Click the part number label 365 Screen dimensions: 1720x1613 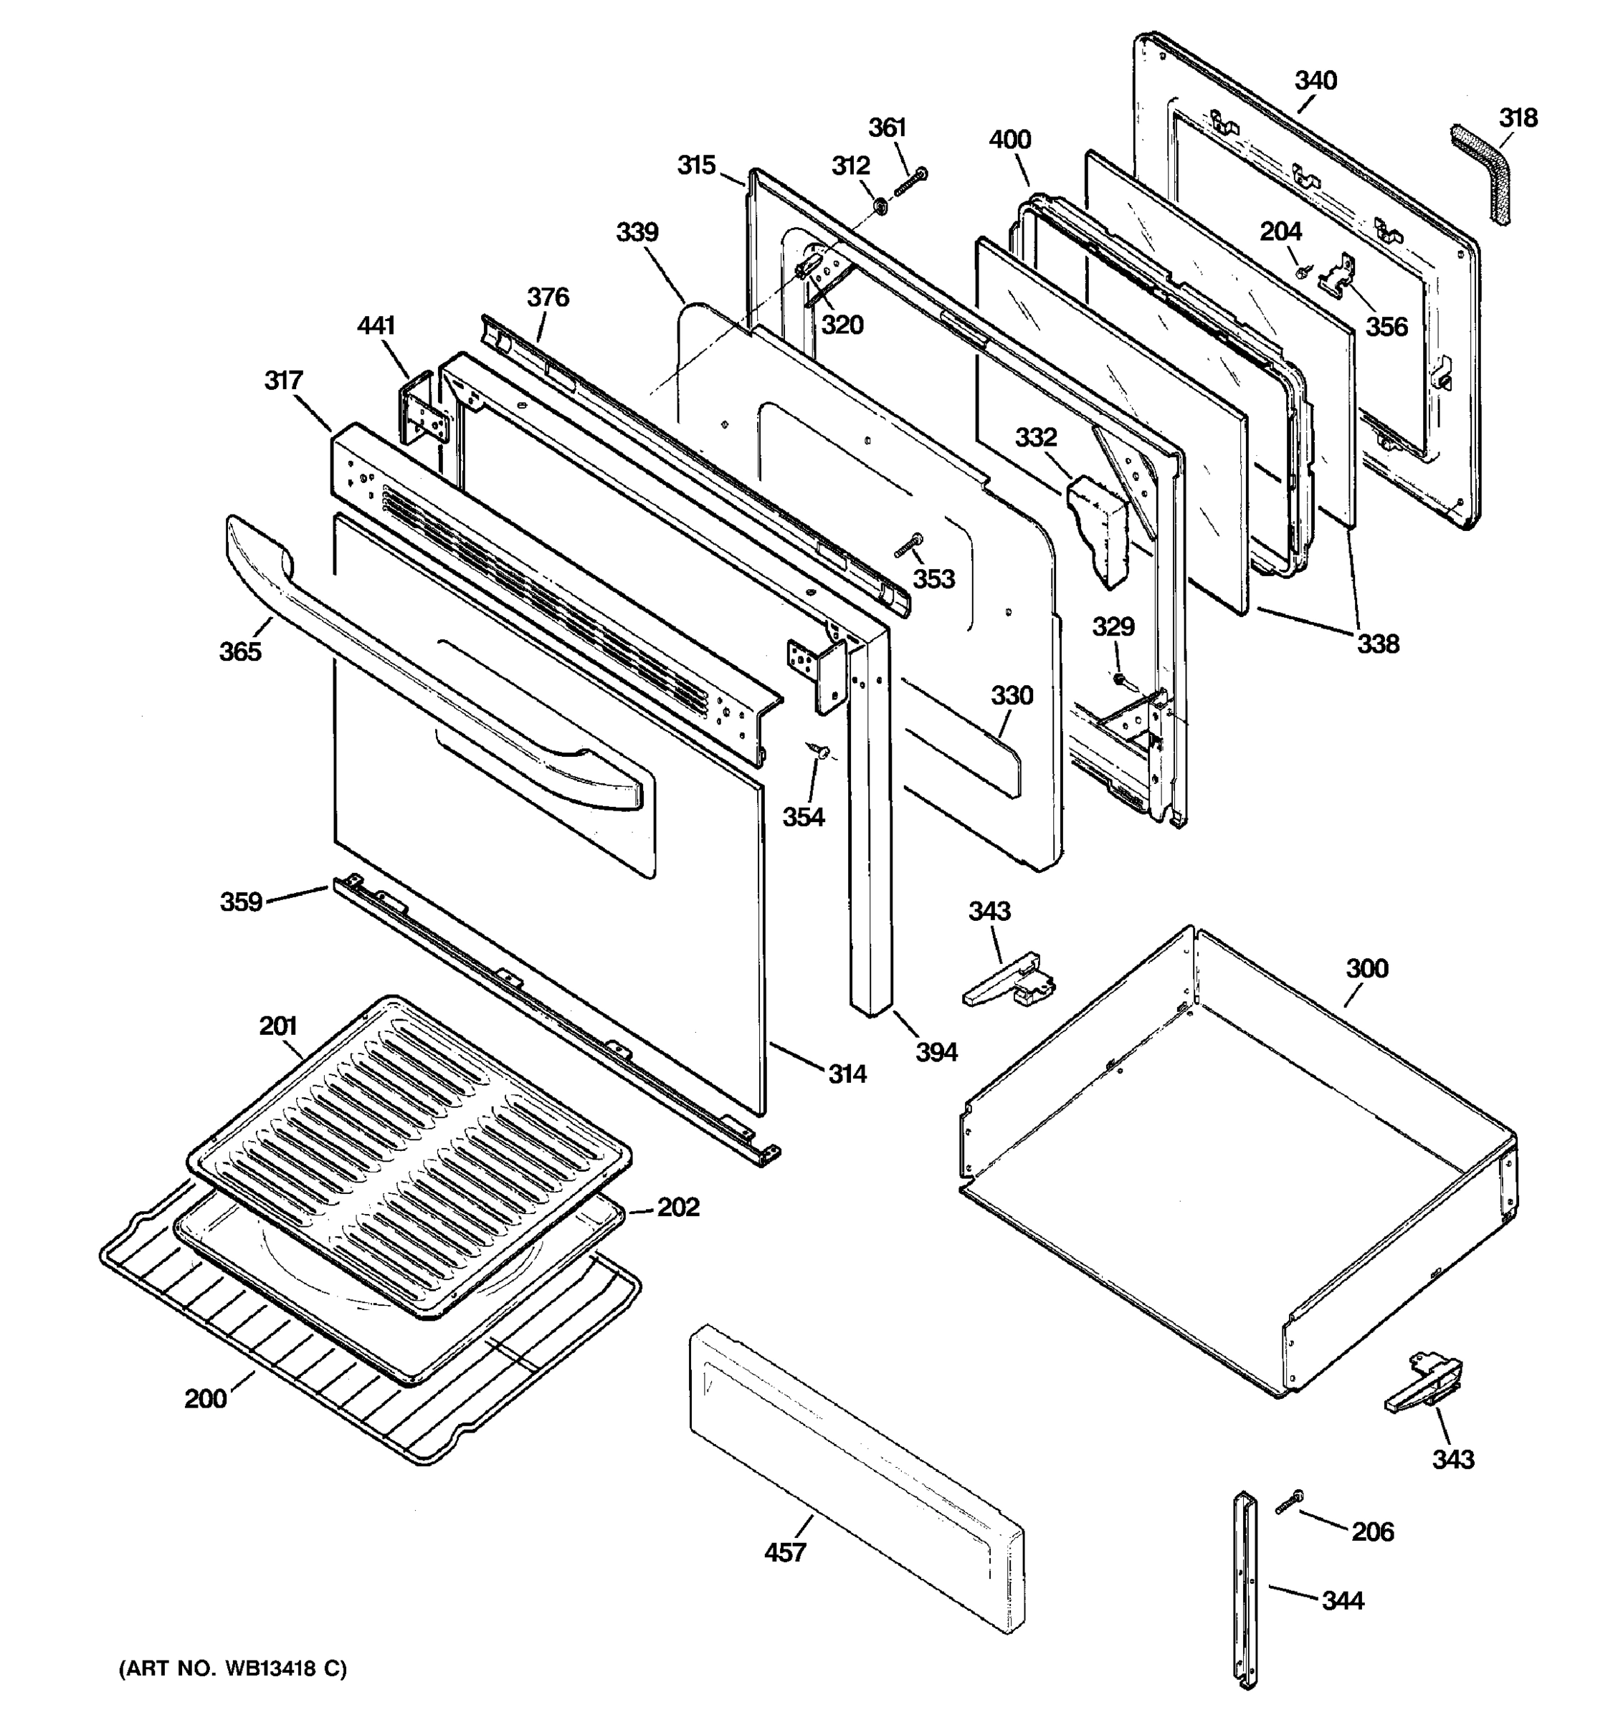(x=239, y=651)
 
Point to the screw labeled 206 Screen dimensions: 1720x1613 (x=1290, y=1503)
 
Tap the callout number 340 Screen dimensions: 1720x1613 (x=1315, y=80)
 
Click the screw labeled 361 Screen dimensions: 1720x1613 (x=908, y=183)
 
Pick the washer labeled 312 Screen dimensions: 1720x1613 (x=880, y=206)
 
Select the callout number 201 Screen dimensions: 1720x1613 (x=277, y=1026)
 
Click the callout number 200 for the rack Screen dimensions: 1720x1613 (x=205, y=1398)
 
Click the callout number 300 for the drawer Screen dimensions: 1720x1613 (x=1366, y=968)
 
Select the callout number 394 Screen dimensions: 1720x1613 (x=936, y=1052)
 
